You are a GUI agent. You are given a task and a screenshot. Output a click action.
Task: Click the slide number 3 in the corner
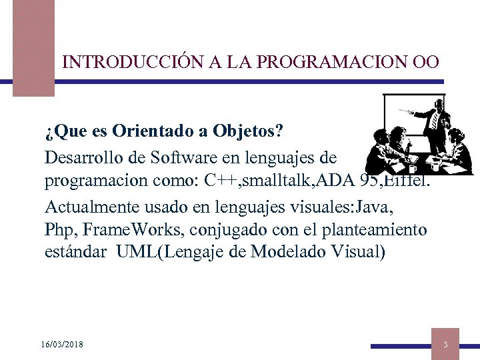pos(445,344)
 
